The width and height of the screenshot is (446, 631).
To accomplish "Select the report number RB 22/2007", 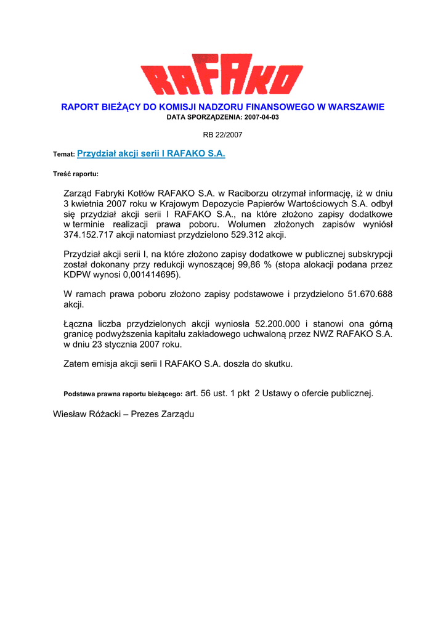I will click(x=223, y=134).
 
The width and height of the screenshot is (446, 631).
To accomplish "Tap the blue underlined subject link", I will click(x=151, y=153).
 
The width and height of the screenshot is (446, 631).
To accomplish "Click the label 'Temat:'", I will click(x=64, y=155).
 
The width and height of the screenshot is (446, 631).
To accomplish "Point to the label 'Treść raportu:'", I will click(x=76, y=174).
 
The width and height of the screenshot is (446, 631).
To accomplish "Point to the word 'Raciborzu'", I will click(x=248, y=193).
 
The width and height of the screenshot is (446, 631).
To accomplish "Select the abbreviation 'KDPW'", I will click(x=77, y=275).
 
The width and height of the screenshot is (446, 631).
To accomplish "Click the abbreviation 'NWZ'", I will click(x=324, y=334).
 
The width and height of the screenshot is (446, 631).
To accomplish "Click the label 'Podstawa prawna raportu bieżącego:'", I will click(x=123, y=394).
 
